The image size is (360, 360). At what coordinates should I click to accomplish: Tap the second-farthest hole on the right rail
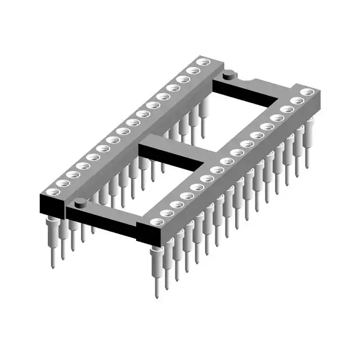tap(298, 101)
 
